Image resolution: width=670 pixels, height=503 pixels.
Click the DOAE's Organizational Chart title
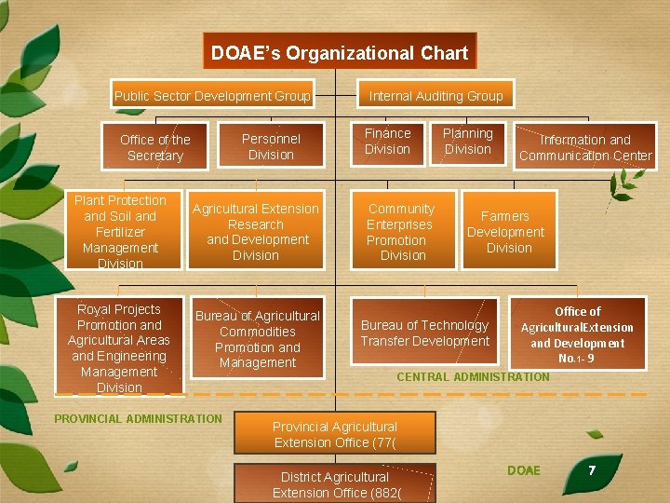point(340,52)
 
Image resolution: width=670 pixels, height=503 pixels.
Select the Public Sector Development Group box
point(212,96)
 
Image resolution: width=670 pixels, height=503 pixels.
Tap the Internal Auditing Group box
point(435,96)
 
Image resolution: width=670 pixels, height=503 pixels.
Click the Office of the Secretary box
point(155,147)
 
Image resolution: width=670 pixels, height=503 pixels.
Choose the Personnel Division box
point(271,146)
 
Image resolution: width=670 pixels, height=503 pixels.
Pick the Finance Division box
point(387,142)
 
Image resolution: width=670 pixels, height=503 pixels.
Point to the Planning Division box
point(467,142)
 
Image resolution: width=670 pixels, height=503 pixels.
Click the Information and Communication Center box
point(585,148)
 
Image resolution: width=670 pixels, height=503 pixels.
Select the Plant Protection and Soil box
point(120,231)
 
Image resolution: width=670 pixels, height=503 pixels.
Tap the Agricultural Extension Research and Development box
point(256,231)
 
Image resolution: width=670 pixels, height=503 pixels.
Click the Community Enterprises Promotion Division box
point(401,231)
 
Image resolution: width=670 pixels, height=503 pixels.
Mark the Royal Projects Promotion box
point(119,347)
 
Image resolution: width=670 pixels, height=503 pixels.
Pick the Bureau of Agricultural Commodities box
point(258,339)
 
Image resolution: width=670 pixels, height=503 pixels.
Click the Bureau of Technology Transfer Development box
point(425,333)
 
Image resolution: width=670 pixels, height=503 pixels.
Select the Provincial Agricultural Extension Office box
point(334,434)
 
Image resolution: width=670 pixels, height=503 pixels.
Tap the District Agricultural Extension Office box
point(334,484)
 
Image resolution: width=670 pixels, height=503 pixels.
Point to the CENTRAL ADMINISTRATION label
point(473,377)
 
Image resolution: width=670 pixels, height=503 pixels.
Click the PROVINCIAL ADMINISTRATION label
point(138,419)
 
